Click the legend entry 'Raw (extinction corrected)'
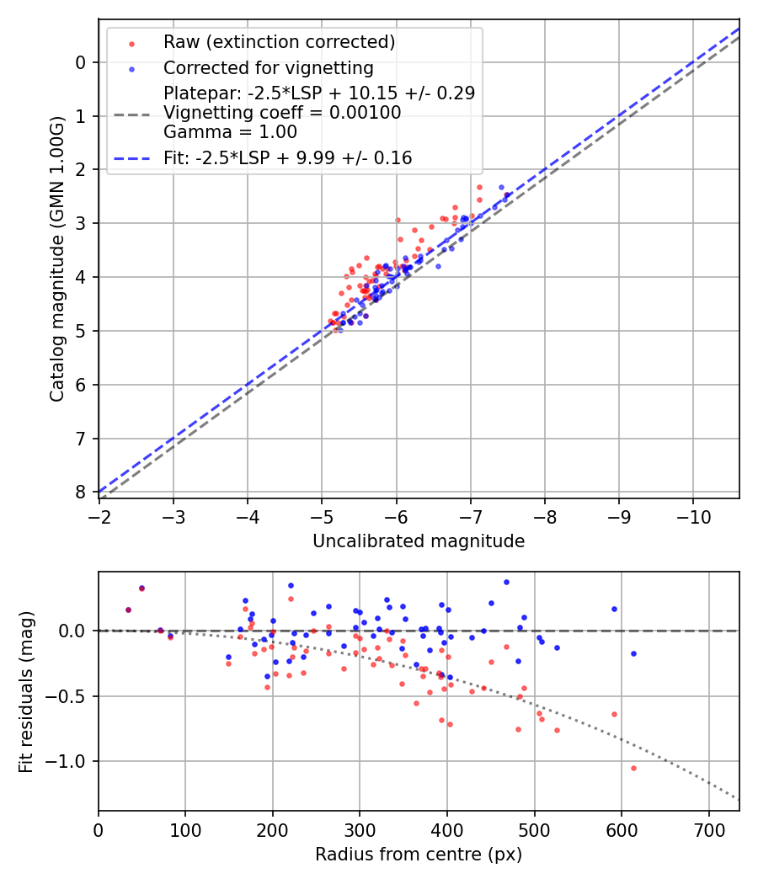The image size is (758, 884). [279, 42]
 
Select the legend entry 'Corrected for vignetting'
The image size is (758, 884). [269, 67]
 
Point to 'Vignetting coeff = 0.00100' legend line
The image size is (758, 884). [282, 112]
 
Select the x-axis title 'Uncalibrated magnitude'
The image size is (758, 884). [419, 541]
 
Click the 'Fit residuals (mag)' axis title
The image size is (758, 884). [26, 691]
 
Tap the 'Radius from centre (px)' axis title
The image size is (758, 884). [419, 855]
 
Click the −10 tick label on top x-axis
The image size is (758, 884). [693, 514]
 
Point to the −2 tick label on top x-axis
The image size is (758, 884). [99, 514]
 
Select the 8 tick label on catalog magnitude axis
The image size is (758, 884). [80, 492]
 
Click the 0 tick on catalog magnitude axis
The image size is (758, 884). [80, 62]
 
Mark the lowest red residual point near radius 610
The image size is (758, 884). [633, 768]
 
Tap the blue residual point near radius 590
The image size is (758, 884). [614, 609]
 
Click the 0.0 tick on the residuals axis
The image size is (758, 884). [72, 631]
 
